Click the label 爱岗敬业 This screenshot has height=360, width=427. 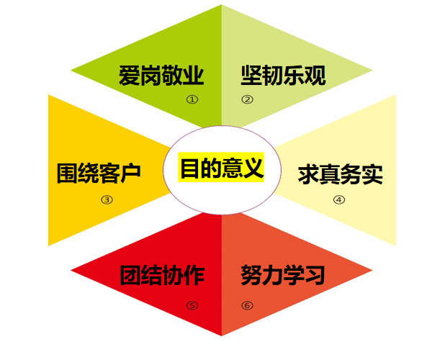(161, 76)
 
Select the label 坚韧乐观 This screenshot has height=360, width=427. (283, 75)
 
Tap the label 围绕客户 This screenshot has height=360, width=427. (99, 173)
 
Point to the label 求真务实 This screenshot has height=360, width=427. (341, 174)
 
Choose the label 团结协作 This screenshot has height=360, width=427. (162, 275)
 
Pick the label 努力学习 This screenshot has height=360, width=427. (283, 275)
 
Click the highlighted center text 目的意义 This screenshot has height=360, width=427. (221, 167)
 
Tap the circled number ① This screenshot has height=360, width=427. (192, 99)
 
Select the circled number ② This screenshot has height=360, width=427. (247, 99)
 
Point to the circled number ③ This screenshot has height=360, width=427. (107, 199)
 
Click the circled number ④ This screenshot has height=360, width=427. (339, 199)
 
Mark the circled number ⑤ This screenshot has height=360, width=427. (192, 305)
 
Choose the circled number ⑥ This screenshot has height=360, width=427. (247, 305)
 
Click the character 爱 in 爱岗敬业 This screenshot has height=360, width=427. (130, 76)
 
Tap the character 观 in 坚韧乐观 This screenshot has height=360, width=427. (315, 75)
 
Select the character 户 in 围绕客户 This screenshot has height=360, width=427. (130, 173)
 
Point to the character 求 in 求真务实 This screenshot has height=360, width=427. (308, 174)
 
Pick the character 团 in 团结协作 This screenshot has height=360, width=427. (131, 275)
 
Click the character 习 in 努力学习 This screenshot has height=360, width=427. (315, 275)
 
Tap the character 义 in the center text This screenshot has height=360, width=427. (253, 168)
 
